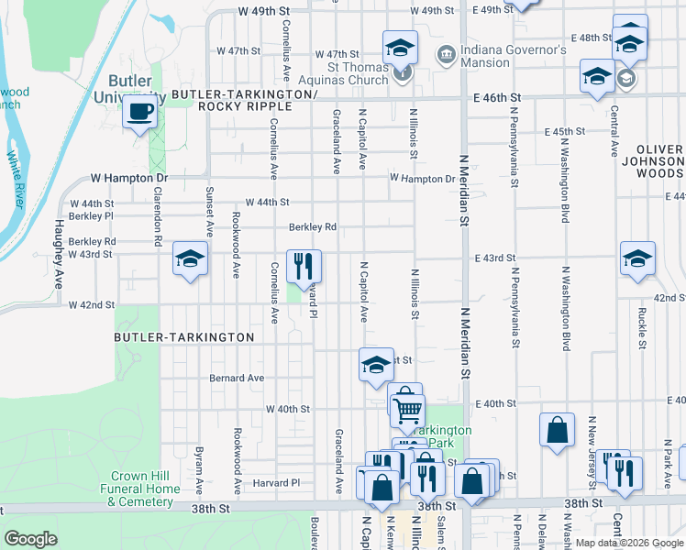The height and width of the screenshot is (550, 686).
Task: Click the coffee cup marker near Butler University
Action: pos(139,113)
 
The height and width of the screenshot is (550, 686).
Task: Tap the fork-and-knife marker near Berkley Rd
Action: pos(304,267)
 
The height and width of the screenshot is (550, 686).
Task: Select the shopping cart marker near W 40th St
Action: pos(408,411)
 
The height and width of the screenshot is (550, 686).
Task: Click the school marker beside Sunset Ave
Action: pos(190,259)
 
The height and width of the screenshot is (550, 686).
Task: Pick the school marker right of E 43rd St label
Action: pos(637,259)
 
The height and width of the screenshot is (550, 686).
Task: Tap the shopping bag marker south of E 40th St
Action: pos(557,431)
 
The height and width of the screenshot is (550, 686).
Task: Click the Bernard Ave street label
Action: pos(237,378)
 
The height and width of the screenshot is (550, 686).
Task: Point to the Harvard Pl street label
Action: pos(276,483)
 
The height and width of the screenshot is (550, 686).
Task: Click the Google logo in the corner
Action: pos(30,539)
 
